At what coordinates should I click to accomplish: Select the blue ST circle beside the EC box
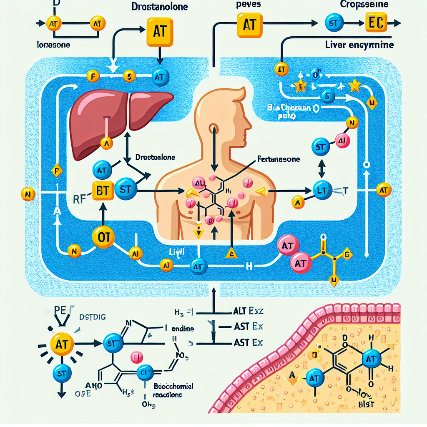point(334,23)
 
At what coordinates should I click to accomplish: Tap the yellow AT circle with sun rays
point(62,344)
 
